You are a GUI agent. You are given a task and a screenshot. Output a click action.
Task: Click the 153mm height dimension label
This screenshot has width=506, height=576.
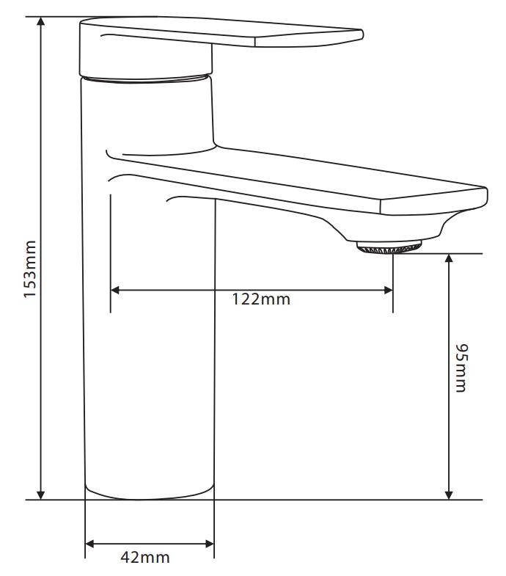tap(31, 269)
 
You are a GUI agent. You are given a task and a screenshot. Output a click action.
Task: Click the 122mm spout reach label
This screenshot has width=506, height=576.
tap(261, 299)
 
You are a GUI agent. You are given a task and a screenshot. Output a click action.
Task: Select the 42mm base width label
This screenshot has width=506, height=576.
tap(144, 557)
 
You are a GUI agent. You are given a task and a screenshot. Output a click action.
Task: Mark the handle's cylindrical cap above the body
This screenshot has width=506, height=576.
tap(147, 76)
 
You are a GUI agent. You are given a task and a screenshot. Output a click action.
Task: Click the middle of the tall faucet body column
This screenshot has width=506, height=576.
tap(150, 330)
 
